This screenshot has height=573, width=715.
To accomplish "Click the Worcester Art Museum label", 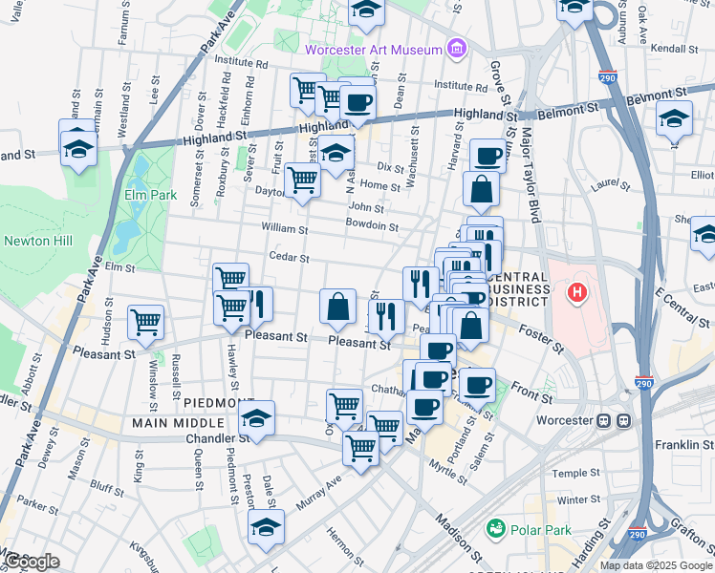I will pos(373,50).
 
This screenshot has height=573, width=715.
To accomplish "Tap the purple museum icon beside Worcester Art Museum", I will pos(456,49).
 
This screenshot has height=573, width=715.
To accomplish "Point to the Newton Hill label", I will pos(38,241).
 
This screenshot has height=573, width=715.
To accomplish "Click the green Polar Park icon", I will pos(495,527).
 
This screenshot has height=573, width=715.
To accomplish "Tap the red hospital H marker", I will pos(576,290).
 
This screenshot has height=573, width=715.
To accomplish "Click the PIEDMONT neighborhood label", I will pos(219,403).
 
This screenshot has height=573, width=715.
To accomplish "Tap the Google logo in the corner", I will pos(32,561).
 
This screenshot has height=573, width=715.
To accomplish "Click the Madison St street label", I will pos(455,537).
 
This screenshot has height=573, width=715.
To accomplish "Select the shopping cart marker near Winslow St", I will pos(145,321).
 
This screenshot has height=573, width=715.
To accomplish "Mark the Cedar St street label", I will pos(291,258).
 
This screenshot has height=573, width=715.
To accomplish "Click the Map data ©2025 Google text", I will pos(655,564).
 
